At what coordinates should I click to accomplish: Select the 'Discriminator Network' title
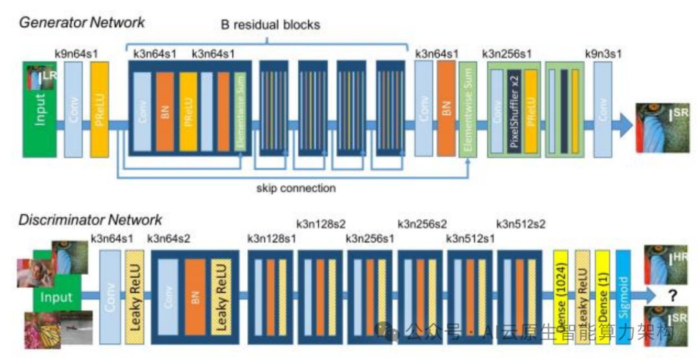point(91,221)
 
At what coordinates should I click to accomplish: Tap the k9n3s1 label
point(603,54)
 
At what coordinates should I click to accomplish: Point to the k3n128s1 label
point(272,239)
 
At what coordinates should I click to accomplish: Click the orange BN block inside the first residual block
point(166,110)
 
